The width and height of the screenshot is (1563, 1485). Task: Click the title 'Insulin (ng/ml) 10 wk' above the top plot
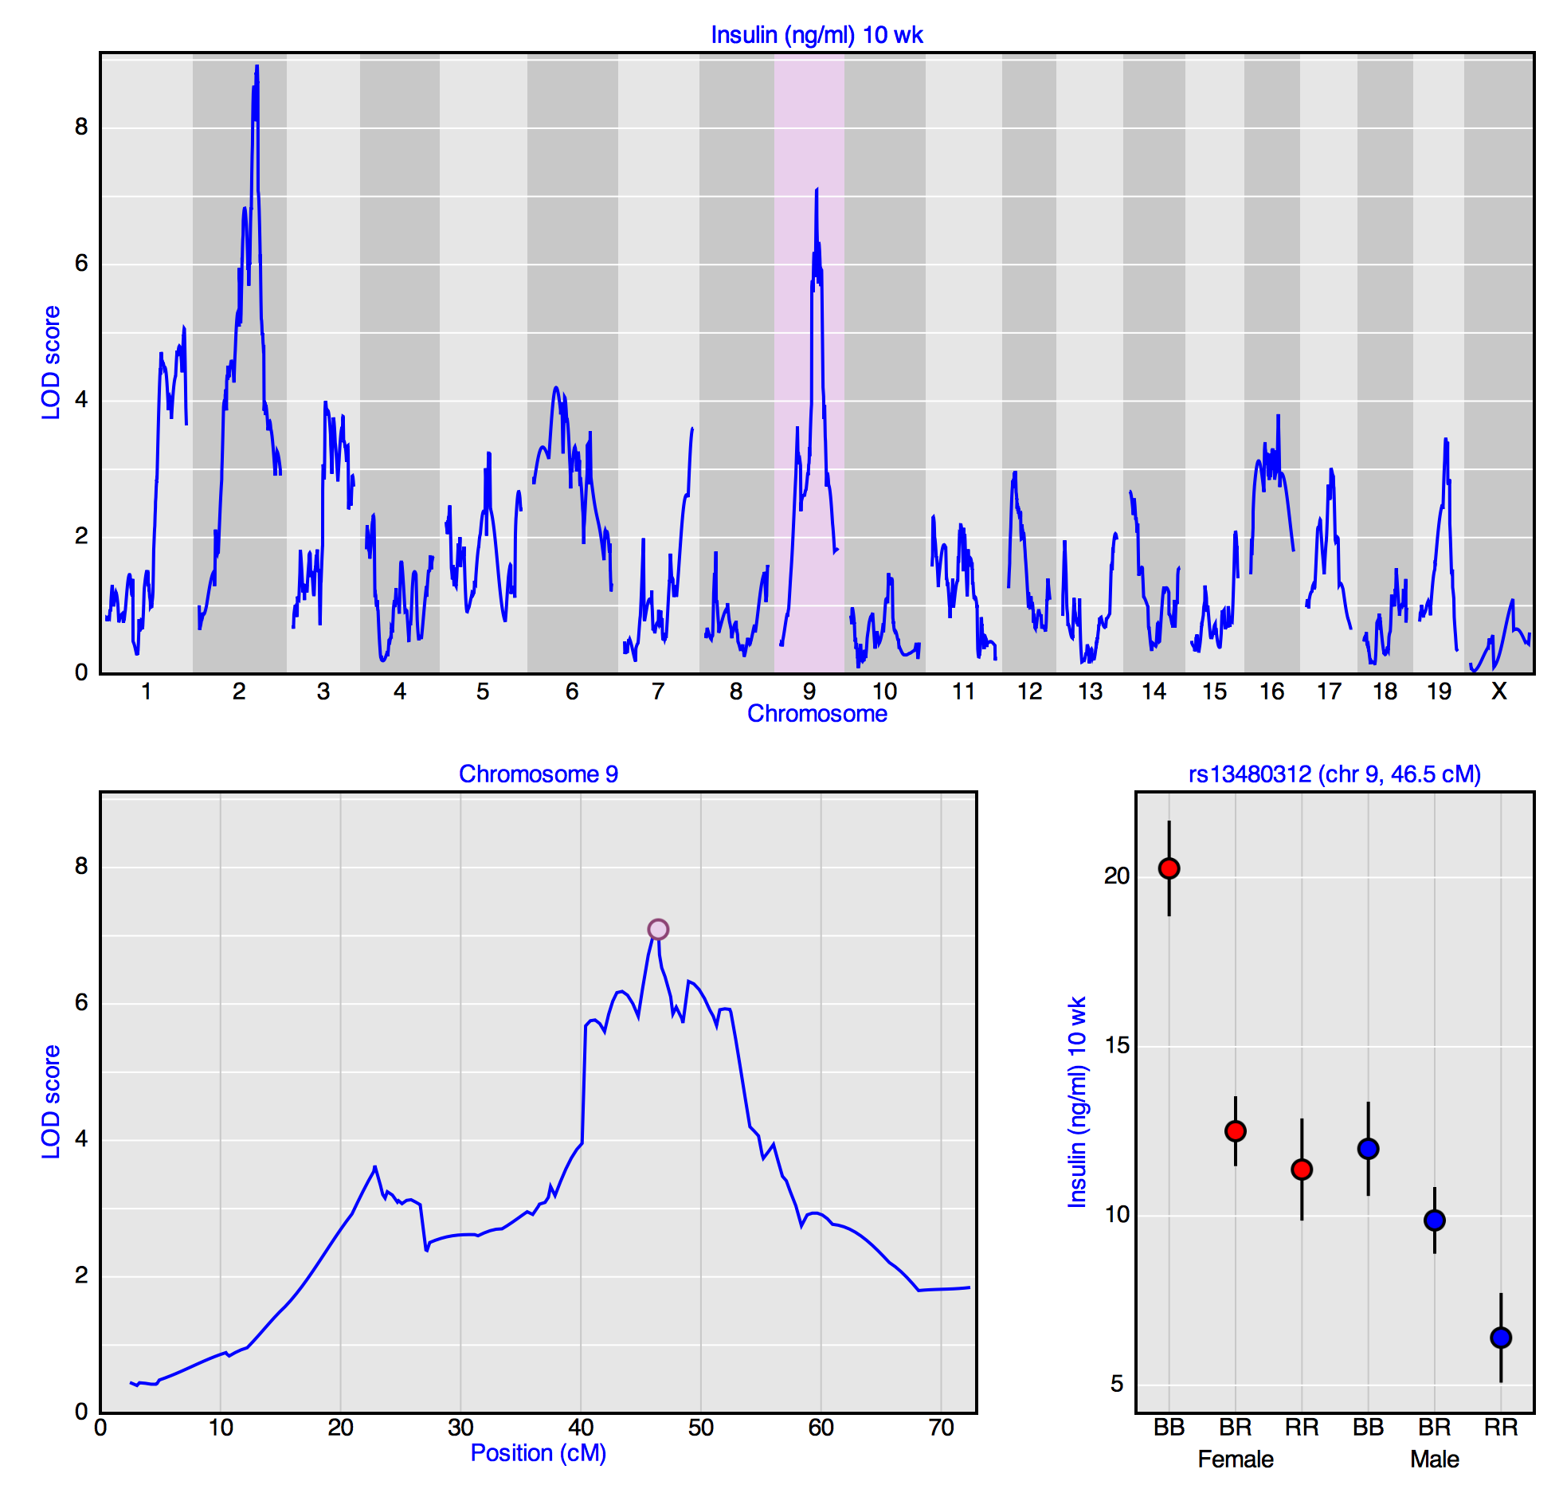click(817, 35)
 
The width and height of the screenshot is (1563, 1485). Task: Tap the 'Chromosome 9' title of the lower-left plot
click(538, 774)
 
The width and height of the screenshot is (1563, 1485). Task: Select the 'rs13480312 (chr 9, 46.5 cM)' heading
click(1334, 774)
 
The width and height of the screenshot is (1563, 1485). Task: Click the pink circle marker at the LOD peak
click(658, 929)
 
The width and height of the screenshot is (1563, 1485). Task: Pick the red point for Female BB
click(1169, 868)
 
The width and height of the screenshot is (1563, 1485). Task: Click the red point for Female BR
click(1236, 1130)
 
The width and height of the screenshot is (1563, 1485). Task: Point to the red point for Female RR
click(1302, 1169)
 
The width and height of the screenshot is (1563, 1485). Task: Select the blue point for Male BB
click(1368, 1148)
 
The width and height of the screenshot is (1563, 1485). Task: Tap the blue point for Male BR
click(1434, 1220)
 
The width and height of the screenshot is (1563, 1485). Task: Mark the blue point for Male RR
click(1501, 1337)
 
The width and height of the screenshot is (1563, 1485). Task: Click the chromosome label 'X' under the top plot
click(1499, 691)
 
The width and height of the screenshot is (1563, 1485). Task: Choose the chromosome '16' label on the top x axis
click(1271, 691)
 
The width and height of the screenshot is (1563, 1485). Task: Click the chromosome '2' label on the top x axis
click(239, 691)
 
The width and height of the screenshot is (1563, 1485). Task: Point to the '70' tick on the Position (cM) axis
click(941, 1427)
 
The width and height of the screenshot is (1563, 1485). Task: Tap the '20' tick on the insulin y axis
click(1116, 876)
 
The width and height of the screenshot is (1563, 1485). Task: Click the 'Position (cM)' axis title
click(538, 1452)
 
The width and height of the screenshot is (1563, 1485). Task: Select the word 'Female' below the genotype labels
click(1236, 1459)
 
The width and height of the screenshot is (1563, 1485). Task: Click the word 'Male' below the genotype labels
click(1434, 1459)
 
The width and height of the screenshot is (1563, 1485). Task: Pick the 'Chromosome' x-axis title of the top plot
click(817, 713)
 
